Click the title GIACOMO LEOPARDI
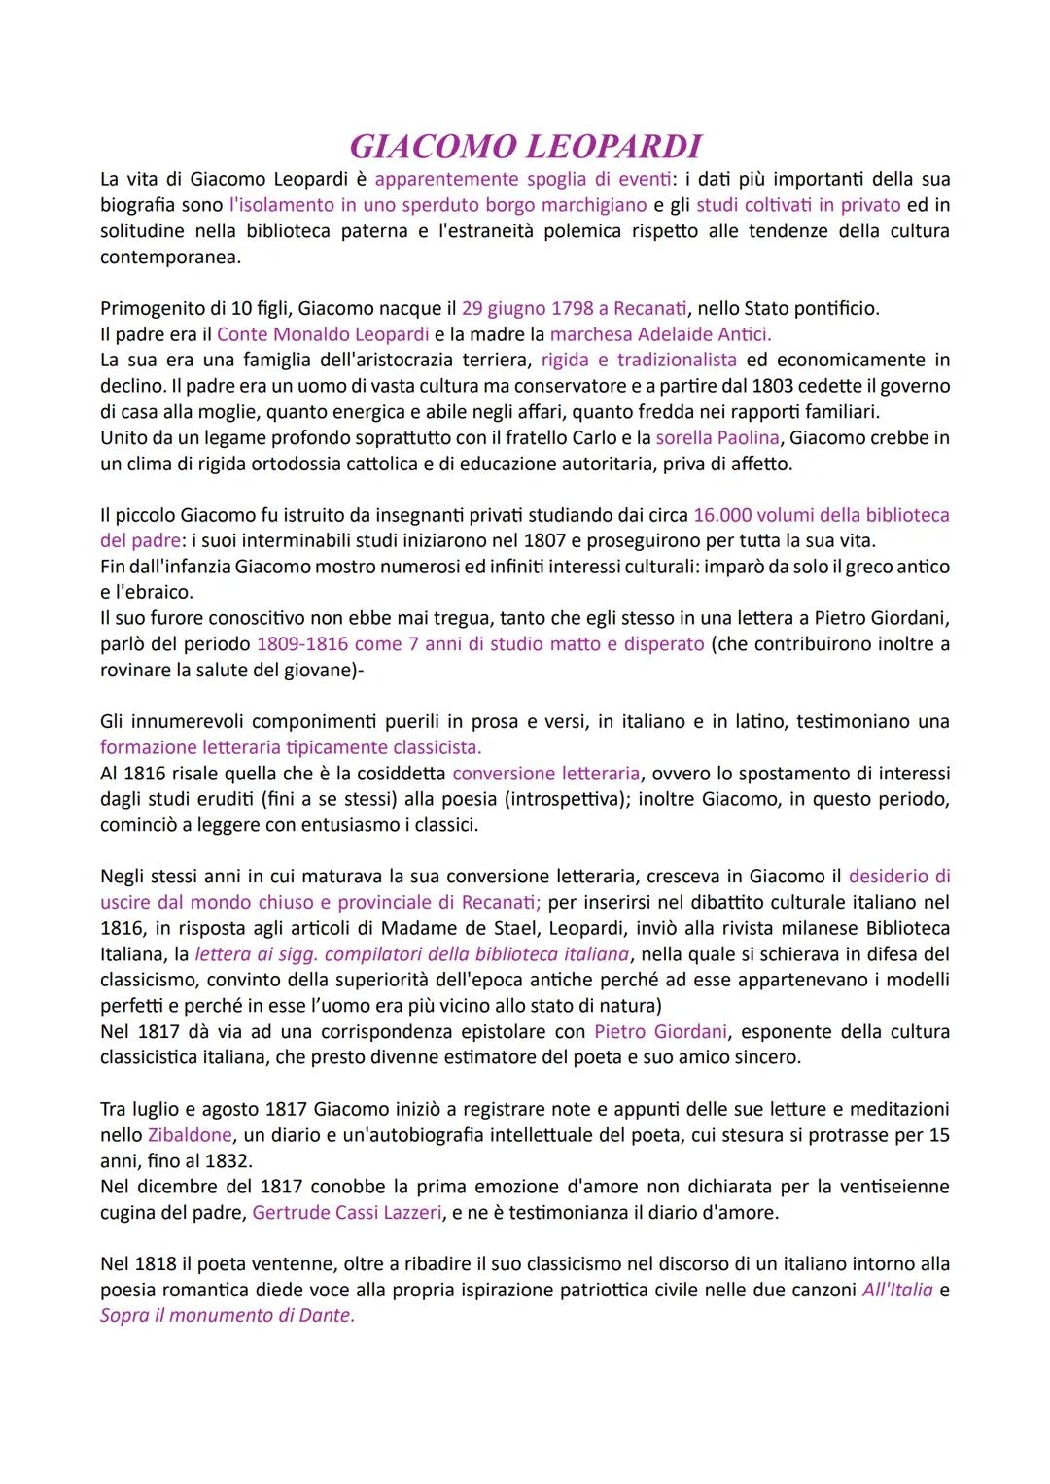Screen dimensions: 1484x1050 (x=525, y=146)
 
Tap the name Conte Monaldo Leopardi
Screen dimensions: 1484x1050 (x=323, y=334)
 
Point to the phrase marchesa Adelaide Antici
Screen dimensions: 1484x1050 (x=660, y=334)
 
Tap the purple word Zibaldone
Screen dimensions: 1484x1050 (x=190, y=1135)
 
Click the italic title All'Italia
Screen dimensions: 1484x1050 (x=897, y=1291)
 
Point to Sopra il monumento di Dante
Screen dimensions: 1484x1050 (x=227, y=1316)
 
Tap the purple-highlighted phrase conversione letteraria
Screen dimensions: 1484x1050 (x=546, y=774)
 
